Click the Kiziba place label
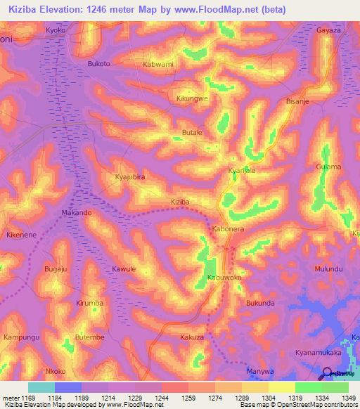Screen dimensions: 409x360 (x=181, y=202)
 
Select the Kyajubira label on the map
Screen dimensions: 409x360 (x=129, y=177)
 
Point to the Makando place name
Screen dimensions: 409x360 (x=77, y=212)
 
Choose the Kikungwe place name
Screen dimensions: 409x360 (x=192, y=99)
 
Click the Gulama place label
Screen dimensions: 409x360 (x=328, y=167)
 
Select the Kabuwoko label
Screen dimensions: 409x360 (x=224, y=278)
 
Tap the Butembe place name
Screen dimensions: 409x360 (x=89, y=337)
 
